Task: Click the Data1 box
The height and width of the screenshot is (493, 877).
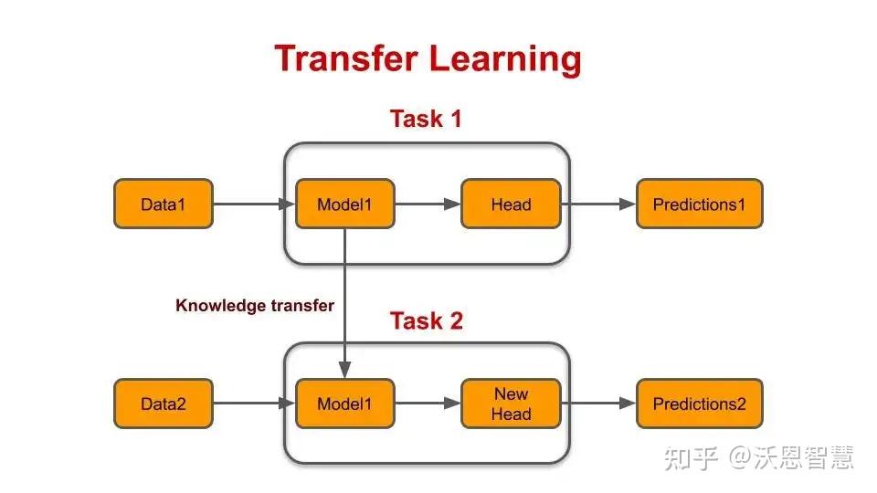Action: pyautogui.click(x=163, y=204)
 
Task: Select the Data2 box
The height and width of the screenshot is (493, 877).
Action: pyautogui.click(x=163, y=404)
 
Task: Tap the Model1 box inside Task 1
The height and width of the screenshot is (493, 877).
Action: pyautogui.click(x=344, y=204)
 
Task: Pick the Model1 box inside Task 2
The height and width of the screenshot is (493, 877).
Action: pyautogui.click(x=344, y=404)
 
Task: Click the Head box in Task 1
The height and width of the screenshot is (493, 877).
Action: pyautogui.click(x=511, y=204)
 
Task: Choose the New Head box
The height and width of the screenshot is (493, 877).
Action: pyautogui.click(x=511, y=404)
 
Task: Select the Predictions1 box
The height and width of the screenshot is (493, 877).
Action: pyautogui.click(x=699, y=204)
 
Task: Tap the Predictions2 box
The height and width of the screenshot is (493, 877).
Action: pyautogui.click(x=699, y=404)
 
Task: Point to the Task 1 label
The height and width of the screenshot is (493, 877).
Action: pyautogui.click(x=426, y=119)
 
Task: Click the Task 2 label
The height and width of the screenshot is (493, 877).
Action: pyautogui.click(x=426, y=321)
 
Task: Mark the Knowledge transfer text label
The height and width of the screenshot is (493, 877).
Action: pyautogui.click(x=255, y=306)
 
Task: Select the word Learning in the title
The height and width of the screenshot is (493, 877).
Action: pyautogui.click(x=506, y=58)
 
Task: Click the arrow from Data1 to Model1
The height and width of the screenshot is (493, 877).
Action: pyautogui.click(x=254, y=204)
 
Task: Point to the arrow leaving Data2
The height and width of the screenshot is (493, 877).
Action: pyautogui.click(x=254, y=404)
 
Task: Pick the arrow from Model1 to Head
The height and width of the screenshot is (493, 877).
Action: pyautogui.click(x=428, y=204)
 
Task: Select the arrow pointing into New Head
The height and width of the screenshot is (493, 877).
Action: pyautogui.click(x=428, y=404)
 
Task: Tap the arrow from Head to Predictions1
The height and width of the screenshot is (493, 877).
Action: pyautogui.click(x=597, y=204)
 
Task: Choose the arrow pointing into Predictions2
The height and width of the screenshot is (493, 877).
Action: pyautogui.click(x=597, y=404)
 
